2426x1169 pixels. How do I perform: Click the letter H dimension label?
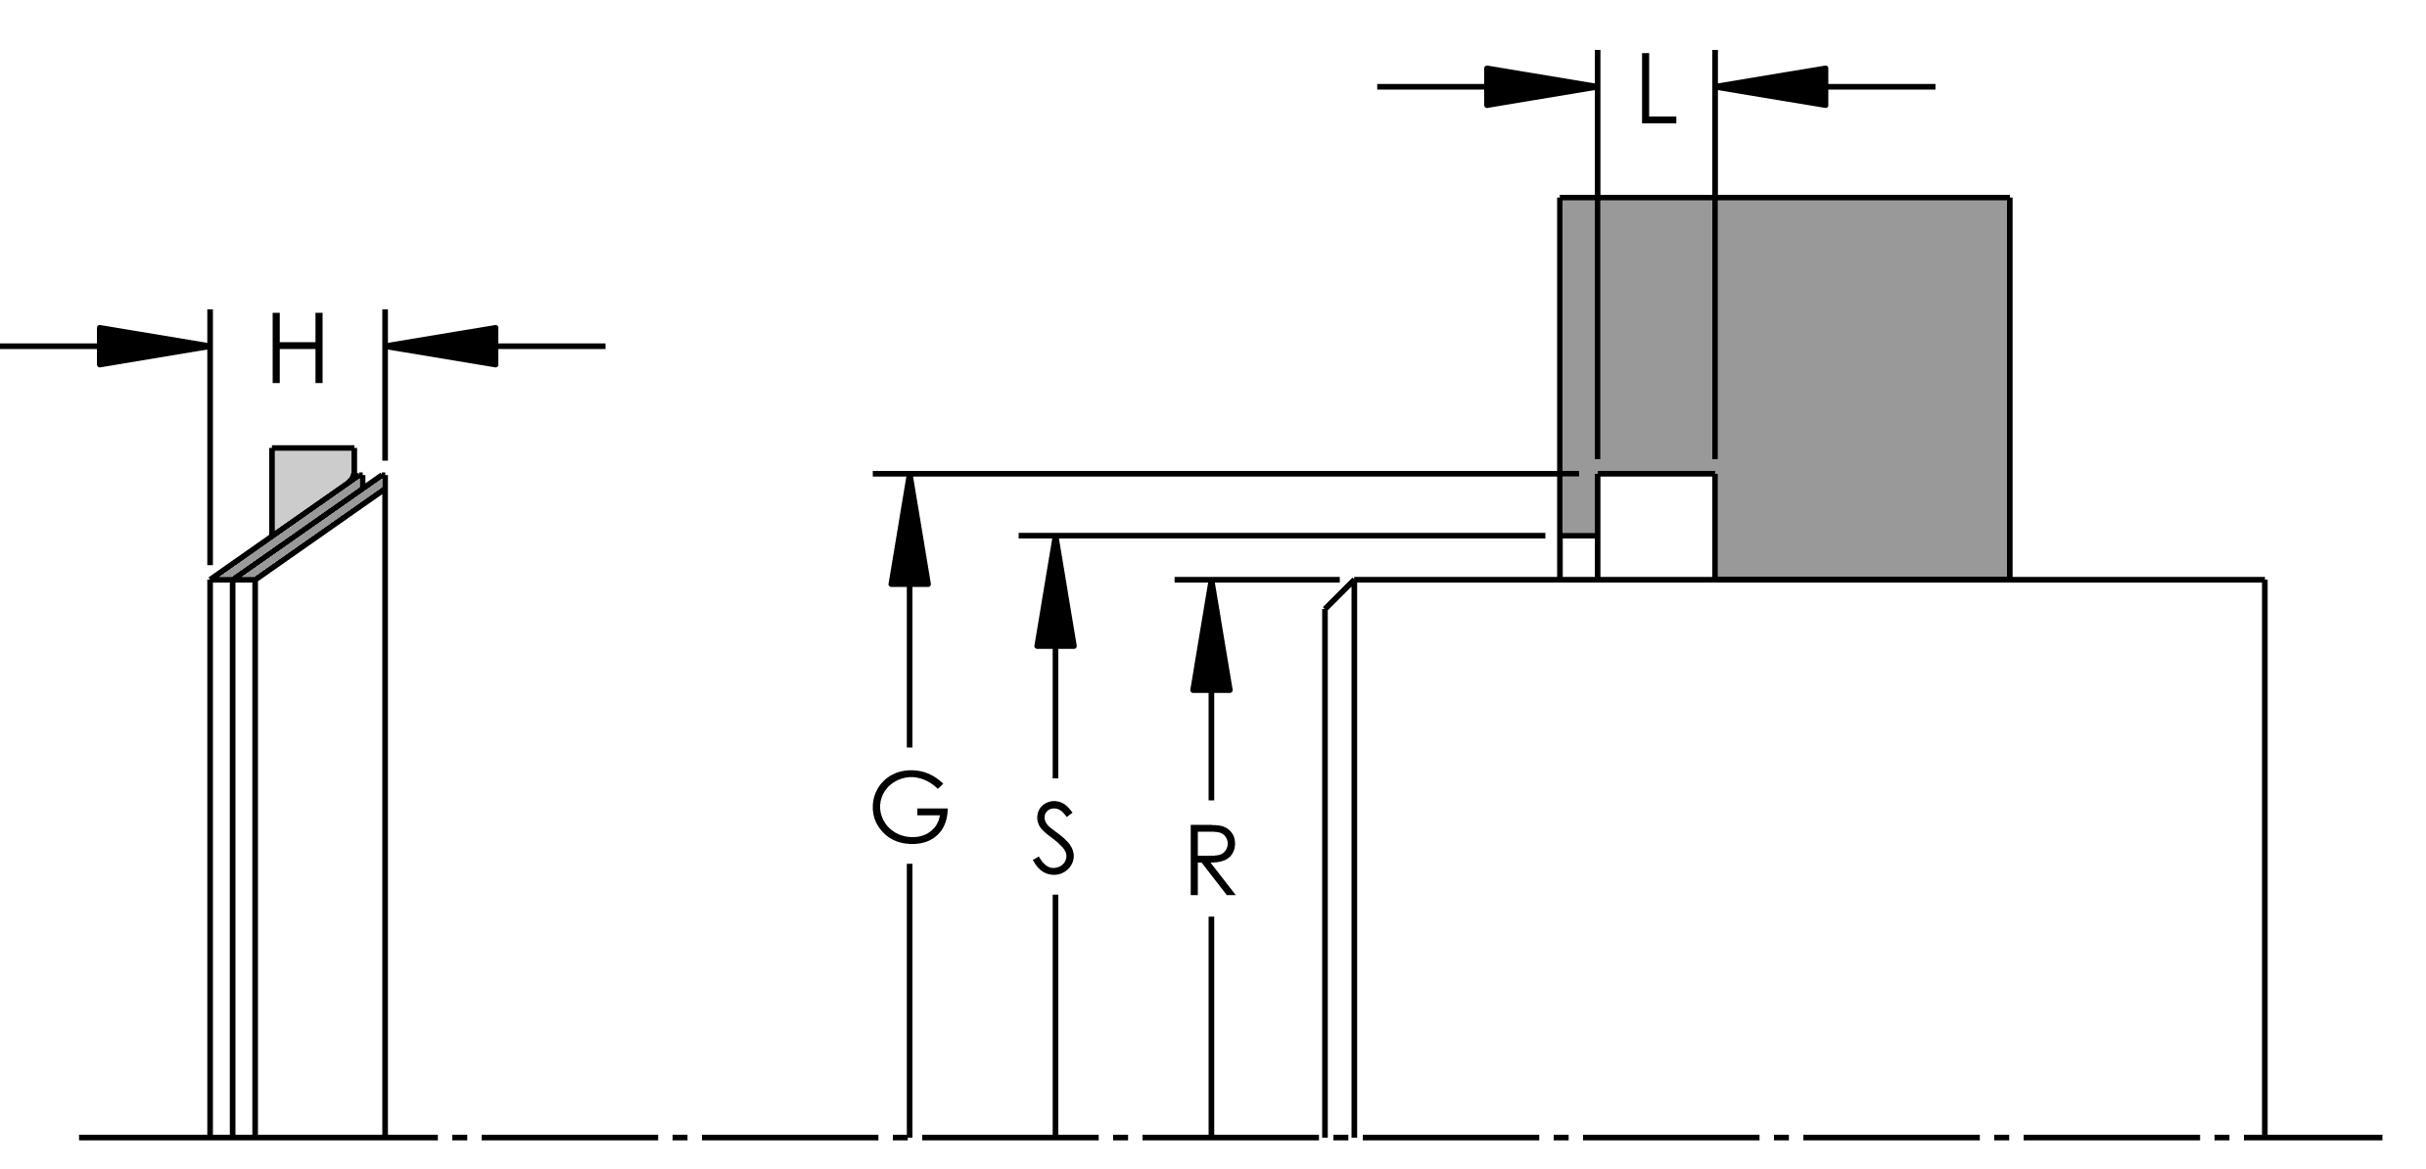click(x=297, y=350)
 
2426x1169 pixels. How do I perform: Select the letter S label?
click(x=1054, y=837)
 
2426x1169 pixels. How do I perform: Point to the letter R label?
click(x=1211, y=862)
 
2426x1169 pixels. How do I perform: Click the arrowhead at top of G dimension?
click(x=910, y=529)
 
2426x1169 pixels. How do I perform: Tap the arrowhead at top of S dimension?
click(x=1054, y=591)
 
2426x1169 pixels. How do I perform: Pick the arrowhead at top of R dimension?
click(x=1211, y=634)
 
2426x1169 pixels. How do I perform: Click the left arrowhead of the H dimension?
click(x=153, y=346)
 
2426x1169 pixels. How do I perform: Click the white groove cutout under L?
click(x=1656, y=527)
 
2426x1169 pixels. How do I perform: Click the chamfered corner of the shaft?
click(x=1338, y=595)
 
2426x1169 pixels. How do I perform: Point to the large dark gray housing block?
click(x=1860, y=382)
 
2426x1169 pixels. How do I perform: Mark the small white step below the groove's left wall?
click(x=1577, y=558)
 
